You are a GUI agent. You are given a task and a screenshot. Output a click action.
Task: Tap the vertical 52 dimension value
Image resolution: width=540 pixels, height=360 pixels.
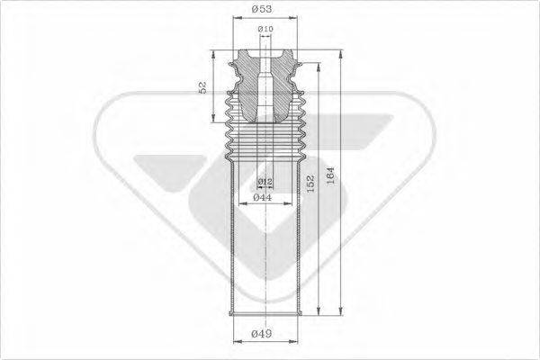tap(204, 87)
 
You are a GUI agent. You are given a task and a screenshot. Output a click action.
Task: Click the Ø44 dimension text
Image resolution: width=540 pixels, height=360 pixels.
tap(263, 197)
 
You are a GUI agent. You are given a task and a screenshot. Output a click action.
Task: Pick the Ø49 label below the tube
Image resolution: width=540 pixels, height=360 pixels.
tap(262, 336)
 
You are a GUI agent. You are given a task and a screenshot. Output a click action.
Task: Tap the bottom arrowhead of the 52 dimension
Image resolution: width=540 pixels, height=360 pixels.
tap(215, 121)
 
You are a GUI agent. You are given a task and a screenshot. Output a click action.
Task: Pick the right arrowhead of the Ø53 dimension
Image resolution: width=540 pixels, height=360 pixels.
tap(292, 20)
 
